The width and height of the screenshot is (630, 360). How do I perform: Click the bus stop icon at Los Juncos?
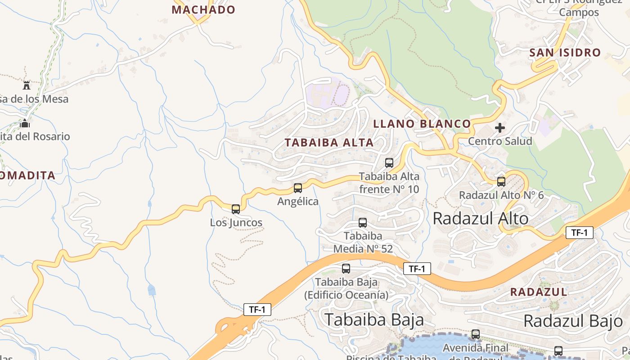pyautogui.click(x=236, y=209)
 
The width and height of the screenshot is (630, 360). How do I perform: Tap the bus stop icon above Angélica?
pyautogui.click(x=298, y=188)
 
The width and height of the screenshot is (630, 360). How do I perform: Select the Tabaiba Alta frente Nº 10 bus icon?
pyautogui.click(x=389, y=163)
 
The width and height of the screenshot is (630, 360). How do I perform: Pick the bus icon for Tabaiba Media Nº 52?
pyautogui.click(x=363, y=222)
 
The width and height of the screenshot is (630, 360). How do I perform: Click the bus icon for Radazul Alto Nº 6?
pyautogui.click(x=501, y=182)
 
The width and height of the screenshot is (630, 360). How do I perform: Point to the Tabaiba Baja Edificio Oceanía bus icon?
pyautogui.click(x=346, y=269)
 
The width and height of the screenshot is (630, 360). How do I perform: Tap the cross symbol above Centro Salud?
pyautogui.click(x=499, y=128)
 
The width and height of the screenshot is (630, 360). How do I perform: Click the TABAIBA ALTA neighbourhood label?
pyautogui.click(x=329, y=143)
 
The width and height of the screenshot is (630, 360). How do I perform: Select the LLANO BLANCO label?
pyautogui.click(x=422, y=124)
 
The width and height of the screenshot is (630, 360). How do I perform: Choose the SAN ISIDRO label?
pyautogui.click(x=565, y=53)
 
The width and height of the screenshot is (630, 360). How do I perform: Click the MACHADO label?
pyautogui.click(x=203, y=9)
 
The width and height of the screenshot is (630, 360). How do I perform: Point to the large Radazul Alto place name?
pyautogui.click(x=481, y=219)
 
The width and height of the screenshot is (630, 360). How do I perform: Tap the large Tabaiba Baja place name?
pyautogui.click(x=374, y=319)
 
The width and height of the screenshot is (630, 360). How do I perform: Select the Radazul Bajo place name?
pyautogui.click(x=573, y=321)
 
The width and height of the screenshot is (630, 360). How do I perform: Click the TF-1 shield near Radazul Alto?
pyautogui.click(x=580, y=233)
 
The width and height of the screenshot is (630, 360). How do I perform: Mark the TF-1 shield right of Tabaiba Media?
pyautogui.click(x=417, y=269)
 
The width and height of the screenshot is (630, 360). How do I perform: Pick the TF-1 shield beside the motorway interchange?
pyautogui.click(x=257, y=310)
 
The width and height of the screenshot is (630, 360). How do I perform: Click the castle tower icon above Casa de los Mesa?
pyautogui.click(x=27, y=85)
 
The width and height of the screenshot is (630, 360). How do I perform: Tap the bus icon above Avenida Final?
pyautogui.click(x=476, y=334)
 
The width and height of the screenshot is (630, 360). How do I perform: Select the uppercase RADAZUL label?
pyautogui.click(x=539, y=292)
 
